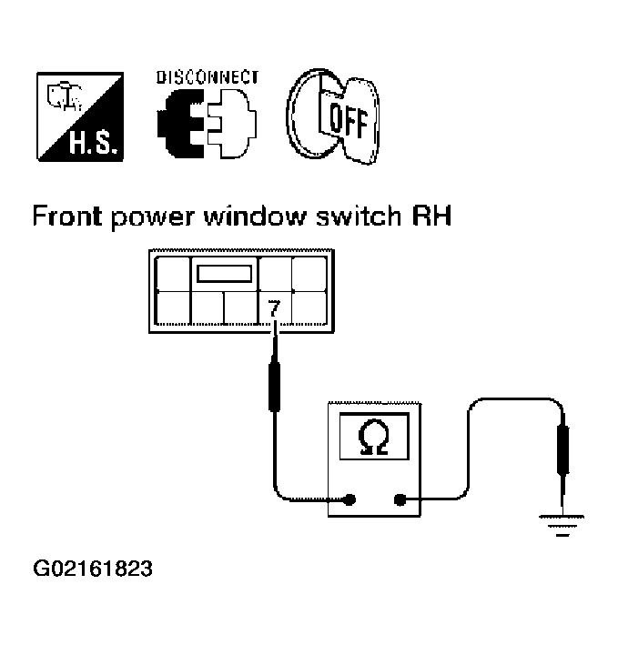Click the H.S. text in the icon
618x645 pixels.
click(x=96, y=143)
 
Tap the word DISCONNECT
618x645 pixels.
click(x=208, y=77)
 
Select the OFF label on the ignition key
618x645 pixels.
click(x=348, y=120)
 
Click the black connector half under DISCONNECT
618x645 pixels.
click(x=180, y=124)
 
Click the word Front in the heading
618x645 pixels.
click(x=67, y=216)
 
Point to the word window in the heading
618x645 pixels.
click(x=255, y=216)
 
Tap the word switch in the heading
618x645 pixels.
click(x=359, y=216)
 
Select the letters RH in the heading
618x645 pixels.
click(x=431, y=216)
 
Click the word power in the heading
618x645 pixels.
click(x=153, y=218)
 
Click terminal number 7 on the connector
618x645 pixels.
click(x=274, y=308)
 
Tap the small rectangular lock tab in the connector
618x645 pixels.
click(x=224, y=274)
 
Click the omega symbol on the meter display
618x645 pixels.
click(x=373, y=437)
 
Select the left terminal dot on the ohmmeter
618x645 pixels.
click(x=350, y=499)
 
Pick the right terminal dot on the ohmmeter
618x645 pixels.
click(x=400, y=499)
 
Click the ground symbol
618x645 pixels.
click(x=562, y=525)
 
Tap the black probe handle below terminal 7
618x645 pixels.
click(x=275, y=385)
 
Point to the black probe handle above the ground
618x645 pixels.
click(x=562, y=450)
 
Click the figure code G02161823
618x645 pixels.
click(x=93, y=569)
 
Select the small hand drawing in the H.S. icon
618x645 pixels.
click(x=65, y=97)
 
